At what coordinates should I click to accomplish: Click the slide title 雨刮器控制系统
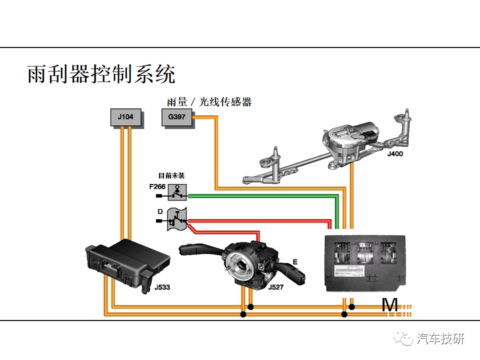[101, 74]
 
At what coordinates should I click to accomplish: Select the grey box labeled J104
[125, 117]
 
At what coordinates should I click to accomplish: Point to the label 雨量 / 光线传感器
[209, 102]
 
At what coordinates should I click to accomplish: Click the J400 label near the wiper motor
[394, 154]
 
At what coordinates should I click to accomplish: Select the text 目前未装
[171, 175]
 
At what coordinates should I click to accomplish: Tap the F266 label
[157, 186]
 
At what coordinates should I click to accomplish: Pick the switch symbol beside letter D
[176, 218]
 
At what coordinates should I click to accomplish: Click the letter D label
[160, 211]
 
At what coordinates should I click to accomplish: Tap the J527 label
[276, 287]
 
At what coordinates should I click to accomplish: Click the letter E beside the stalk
[294, 261]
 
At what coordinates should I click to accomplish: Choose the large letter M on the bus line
[389, 304]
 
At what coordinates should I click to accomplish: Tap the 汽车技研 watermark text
[440, 338]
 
